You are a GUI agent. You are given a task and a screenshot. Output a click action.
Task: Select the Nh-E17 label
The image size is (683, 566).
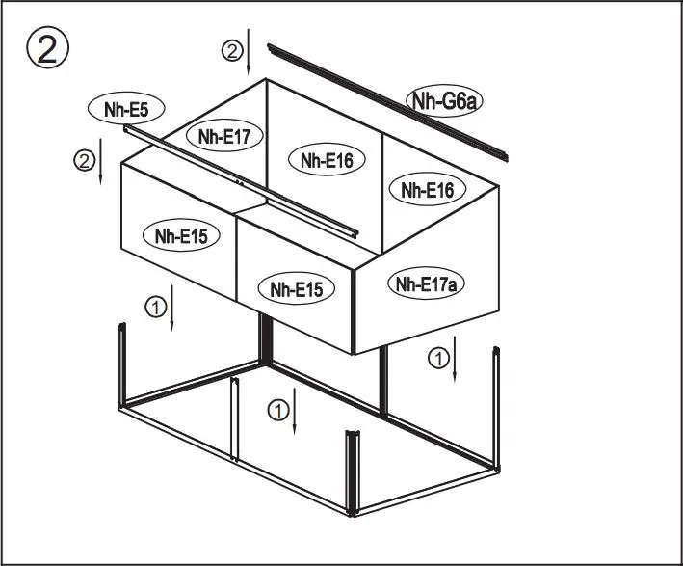coord(224,138)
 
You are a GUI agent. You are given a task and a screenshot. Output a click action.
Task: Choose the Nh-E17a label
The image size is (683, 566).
coord(426,283)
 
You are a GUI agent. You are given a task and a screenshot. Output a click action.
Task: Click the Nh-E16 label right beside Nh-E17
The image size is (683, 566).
coord(326,161)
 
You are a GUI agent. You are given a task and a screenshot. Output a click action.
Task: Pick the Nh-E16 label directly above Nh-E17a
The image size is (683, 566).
coord(427,189)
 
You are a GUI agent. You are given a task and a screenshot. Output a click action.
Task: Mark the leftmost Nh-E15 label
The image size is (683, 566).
coord(179,234)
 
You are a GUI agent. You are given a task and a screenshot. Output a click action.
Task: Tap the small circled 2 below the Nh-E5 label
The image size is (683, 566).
coord(85,160)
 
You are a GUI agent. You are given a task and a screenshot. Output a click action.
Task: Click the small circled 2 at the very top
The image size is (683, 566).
coord(231,52)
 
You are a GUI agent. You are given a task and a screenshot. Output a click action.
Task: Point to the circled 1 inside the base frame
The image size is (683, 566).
coord(277,411)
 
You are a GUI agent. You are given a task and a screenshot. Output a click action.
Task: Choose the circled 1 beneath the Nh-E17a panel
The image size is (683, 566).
coord(438,359)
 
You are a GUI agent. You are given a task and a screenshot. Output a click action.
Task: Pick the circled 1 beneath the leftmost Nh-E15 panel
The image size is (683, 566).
coord(155,308)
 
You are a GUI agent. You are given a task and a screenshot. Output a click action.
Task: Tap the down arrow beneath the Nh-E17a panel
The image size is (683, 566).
coord(456,359)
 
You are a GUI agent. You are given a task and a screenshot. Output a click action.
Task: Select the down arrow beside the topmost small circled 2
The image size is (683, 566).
coord(249,52)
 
